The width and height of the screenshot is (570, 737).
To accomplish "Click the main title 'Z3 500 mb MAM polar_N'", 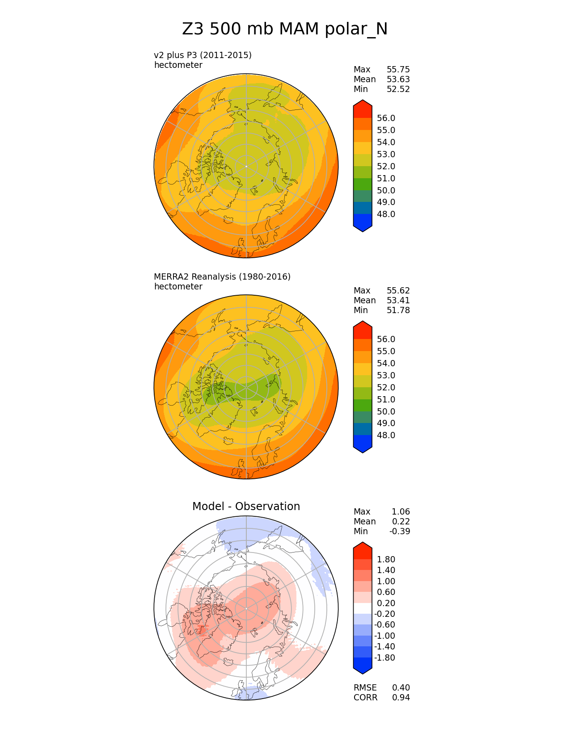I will tap(285, 29).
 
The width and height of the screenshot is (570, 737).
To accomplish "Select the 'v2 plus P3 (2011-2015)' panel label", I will tap(203, 55).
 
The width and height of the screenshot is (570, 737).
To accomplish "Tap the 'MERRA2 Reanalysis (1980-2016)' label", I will tap(222, 276).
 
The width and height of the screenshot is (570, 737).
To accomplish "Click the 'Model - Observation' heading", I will tap(246, 506).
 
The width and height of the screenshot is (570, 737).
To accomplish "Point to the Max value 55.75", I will tap(398, 69).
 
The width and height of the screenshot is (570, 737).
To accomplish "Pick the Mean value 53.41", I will tap(398, 300).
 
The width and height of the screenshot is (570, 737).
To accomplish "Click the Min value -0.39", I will tap(399, 531).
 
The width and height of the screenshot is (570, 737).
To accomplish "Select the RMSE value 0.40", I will tap(401, 687).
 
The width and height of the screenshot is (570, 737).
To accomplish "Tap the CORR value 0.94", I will tap(401, 697).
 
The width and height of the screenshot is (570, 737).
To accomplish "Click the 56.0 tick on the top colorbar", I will tap(386, 118).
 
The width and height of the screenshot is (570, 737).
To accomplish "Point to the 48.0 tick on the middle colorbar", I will tap(386, 435).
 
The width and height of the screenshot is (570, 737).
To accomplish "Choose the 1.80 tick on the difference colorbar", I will tap(386, 559).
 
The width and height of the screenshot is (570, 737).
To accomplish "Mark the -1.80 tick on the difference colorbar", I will tap(384, 657).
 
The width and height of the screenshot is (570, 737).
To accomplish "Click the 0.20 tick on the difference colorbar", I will tap(386, 603).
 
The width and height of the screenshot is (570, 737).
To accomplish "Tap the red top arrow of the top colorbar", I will tap(363, 108).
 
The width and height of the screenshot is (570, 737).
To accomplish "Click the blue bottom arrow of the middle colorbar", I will tap(363, 444).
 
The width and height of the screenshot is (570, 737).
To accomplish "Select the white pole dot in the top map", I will tap(246, 166).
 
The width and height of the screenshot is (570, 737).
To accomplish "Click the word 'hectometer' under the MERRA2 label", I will tap(178, 286).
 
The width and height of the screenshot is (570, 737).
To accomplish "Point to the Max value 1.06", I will tap(401, 511).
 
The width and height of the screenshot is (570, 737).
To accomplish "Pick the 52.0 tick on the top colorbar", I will tap(386, 166).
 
